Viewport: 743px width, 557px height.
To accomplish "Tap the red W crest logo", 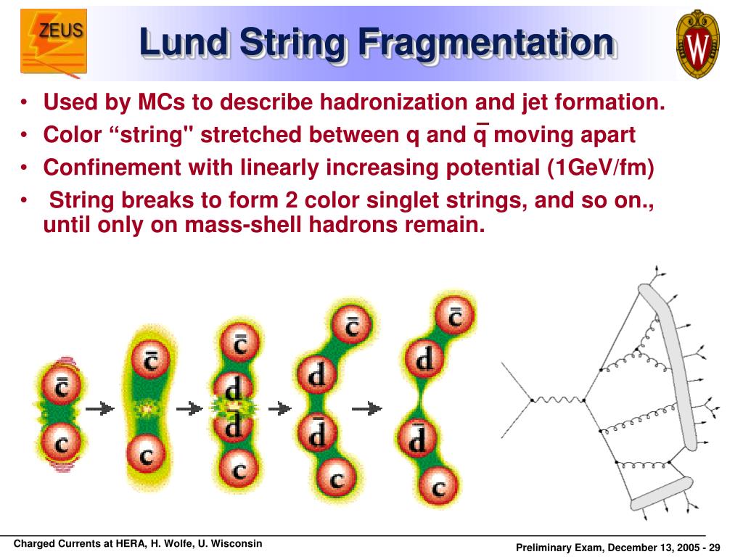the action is click(697, 44).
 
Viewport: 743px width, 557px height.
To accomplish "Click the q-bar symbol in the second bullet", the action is click(480, 135).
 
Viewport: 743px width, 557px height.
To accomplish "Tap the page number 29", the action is click(714, 547).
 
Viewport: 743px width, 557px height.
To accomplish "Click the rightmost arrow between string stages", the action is click(366, 409).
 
